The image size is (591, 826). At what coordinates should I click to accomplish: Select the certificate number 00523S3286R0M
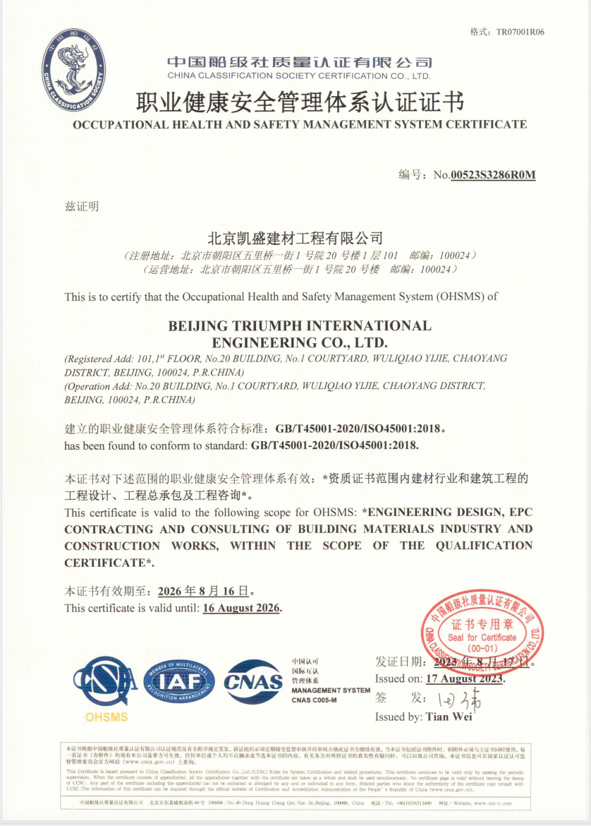click(493, 175)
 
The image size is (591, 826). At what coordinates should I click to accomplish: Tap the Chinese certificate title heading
click(299, 102)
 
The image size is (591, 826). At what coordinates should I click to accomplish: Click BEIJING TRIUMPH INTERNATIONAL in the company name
click(300, 325)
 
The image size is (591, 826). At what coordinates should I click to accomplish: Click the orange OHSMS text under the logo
click(106, 717)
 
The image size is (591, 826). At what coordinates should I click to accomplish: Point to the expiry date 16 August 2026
click(241, 608)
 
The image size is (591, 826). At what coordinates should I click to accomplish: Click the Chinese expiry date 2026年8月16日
click(203, 591)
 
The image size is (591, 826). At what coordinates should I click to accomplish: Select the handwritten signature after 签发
click(459, 699)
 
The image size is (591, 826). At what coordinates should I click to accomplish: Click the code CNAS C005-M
click(314, 700)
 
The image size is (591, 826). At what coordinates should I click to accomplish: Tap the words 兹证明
click(82, 207)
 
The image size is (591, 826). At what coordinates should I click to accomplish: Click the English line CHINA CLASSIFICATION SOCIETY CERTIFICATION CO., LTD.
click(299, 76)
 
